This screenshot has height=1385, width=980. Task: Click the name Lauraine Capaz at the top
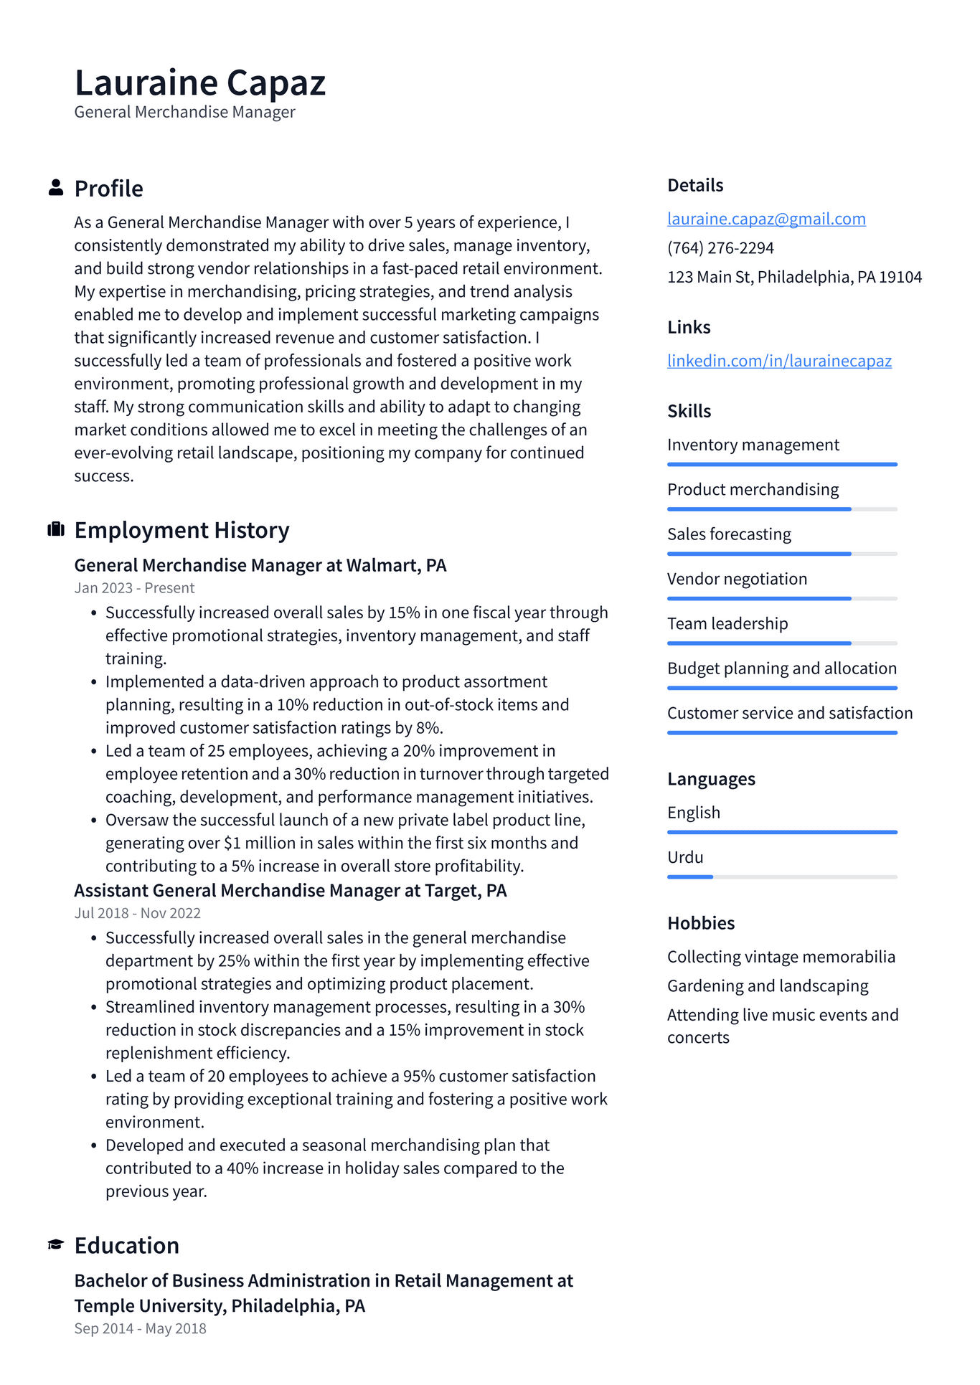point(200,82)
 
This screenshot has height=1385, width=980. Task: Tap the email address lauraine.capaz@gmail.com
point(766,219)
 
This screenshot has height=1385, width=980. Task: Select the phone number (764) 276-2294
point(720,248)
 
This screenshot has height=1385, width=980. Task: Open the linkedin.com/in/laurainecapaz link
point(779,361)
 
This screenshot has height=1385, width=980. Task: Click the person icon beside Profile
point(56,188)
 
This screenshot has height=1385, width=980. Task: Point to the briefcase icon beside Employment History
point(56,529)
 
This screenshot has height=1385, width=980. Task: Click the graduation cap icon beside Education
point(56,1244)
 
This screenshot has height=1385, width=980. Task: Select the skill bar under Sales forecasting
point(782,554)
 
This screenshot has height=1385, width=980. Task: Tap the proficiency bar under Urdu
point(782,876)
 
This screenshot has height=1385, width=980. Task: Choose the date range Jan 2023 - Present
point(134,588)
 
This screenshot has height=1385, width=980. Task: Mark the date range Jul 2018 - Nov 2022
point(137,913)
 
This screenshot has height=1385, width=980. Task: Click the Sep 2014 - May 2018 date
point(140,1328)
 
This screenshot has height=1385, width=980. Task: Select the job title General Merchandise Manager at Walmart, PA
point(260,565)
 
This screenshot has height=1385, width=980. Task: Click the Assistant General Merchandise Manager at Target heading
point(290,891)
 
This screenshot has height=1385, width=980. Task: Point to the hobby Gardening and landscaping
point(768,986)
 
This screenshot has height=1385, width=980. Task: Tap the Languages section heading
point(711,779)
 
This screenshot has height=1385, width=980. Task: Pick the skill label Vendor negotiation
point(737,579)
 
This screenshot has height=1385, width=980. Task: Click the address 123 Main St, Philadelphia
point(794,277)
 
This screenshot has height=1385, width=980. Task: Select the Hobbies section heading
point(701,923)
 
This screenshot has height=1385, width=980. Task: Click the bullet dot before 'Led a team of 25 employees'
point(94,752)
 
